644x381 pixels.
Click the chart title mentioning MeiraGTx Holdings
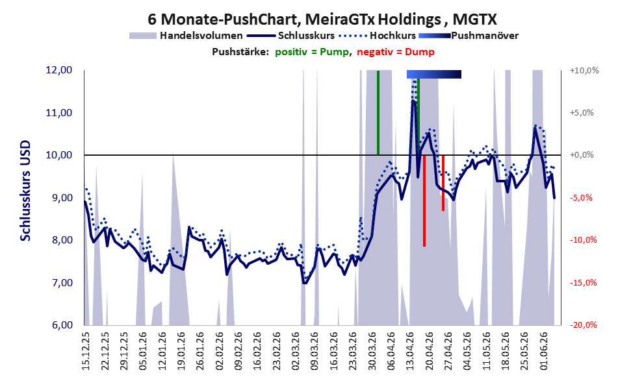322,19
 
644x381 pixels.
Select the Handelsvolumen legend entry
186,36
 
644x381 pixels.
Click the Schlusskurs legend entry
290,36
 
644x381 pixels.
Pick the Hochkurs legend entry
377,36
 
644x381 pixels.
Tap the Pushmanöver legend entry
469,36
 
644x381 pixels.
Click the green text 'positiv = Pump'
312,52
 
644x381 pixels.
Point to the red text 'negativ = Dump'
396,52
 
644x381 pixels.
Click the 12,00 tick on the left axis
59,70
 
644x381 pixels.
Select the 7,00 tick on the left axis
59,282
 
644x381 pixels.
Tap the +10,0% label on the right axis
584,70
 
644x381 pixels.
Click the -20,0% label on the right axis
583,325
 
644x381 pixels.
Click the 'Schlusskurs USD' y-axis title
25,191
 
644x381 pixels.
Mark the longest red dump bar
424,201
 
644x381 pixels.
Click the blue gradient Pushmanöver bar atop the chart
433,74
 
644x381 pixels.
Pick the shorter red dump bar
443,183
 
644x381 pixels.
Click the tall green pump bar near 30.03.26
378,113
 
